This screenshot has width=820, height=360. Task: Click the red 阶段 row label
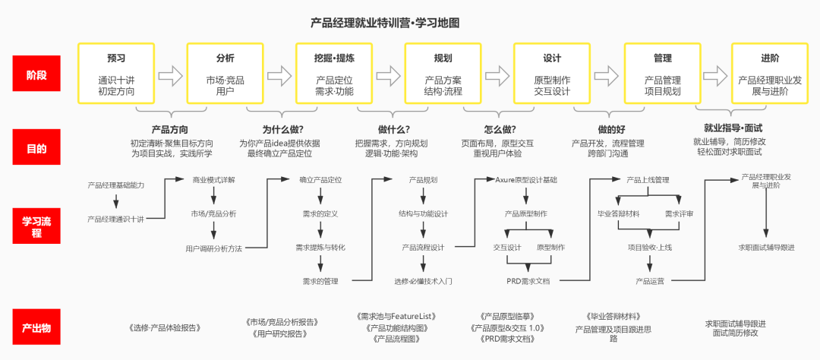(36, 75)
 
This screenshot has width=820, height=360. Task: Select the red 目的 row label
(36, 148)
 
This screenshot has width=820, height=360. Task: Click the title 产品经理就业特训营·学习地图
(385, 24)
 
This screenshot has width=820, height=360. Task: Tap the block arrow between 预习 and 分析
(171, 75)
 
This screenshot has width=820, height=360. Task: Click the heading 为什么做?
(280, 129)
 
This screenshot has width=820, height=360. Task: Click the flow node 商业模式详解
(213, 180)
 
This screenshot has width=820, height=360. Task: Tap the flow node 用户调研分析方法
(214, 248)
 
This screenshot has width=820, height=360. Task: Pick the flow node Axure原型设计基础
(526, 180)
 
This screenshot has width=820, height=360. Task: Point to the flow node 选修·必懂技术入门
(423, 281)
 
